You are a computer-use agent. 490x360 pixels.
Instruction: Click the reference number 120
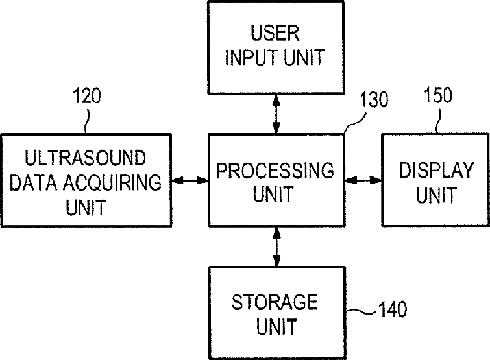(x=87, y=96)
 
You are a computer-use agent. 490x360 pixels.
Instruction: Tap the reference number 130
(x=374, y=100)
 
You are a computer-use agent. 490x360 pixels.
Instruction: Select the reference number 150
(x=438, y=95)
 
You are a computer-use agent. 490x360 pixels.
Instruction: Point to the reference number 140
(x=393, y=309)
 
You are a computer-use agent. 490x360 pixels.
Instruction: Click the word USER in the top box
(x=275, y=33)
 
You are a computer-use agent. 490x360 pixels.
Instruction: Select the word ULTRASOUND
(x=85, y=158)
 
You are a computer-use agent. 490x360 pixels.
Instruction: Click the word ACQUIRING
(x=112, y=182)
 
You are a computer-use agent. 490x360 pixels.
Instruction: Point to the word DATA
(x=34, y=182)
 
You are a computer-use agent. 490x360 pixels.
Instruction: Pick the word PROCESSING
(x=275, y=171)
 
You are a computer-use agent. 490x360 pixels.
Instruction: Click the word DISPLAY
(x=437, y=170)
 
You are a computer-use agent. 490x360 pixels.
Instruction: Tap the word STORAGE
(x=275, y=302)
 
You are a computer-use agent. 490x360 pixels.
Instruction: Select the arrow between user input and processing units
(x=276, y=114)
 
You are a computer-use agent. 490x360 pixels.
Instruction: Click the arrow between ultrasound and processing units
(x=190, y=180)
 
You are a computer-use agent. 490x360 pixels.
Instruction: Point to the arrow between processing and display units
(x=363, y=180)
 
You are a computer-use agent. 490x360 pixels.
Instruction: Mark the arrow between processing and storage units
(x=276, y=246)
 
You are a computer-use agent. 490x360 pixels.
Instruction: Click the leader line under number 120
(x=88, y=121)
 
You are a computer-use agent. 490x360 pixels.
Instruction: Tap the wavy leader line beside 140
(x=361, y=311)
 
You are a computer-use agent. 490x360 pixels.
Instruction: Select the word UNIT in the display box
(x=436, y=195)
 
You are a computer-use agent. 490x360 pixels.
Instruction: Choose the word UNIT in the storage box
(x=276, y=326)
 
